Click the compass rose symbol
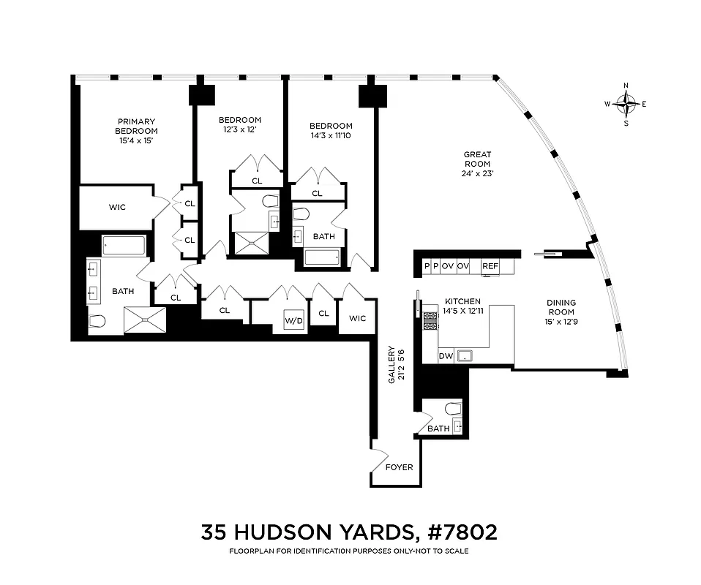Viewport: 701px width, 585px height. click(626, 104)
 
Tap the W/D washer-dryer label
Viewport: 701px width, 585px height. click(294, 320)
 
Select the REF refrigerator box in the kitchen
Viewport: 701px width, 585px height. click(490, 266)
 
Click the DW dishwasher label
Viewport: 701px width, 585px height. click(446, 356)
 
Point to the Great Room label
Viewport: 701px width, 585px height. click(476, 159)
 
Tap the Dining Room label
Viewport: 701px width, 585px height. click(561, 307)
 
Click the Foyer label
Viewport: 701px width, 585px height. click(399, 467)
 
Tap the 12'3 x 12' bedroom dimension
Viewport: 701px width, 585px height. click(239, 129)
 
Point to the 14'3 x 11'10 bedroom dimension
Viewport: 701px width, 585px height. click(331, 135)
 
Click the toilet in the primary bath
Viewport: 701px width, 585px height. click(97, 320)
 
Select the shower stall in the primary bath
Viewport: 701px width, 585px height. click(144, 320)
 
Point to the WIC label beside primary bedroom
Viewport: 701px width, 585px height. click(117, 207)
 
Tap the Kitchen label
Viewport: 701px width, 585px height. click(462, 301)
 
